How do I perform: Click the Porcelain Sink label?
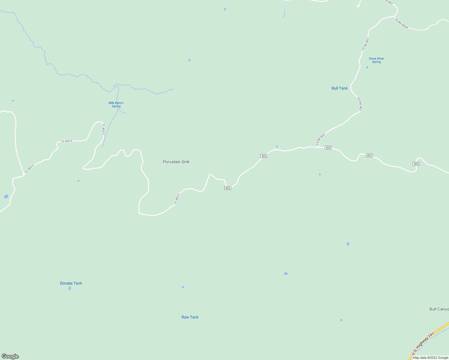click(x=176, y=162)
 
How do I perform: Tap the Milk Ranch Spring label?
click(x=116, y=104)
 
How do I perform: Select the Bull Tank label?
click(x=339, y=88)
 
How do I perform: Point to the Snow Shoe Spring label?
click(x=376, y=60)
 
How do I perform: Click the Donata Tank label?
click(x=71, y=283)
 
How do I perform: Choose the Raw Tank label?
click(x=190, y=317)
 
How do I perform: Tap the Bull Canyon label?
click(x=439, y=309)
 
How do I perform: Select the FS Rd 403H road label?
click(x=401, y=24)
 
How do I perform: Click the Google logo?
click(x=10, y=356)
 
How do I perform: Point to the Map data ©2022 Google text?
click(x=430, y=358)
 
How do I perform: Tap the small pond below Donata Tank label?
click(x=70, y=288)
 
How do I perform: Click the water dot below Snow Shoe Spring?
click(x=367, y=67)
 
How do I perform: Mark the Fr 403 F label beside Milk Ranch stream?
click(x=104, y=129)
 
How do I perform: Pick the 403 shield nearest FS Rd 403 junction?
click(x=328, y=148)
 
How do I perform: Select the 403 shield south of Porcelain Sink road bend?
click(x=228, y=188)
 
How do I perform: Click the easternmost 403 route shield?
click(x=416, y=164)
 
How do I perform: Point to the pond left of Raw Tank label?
click(x=183, y=287)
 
